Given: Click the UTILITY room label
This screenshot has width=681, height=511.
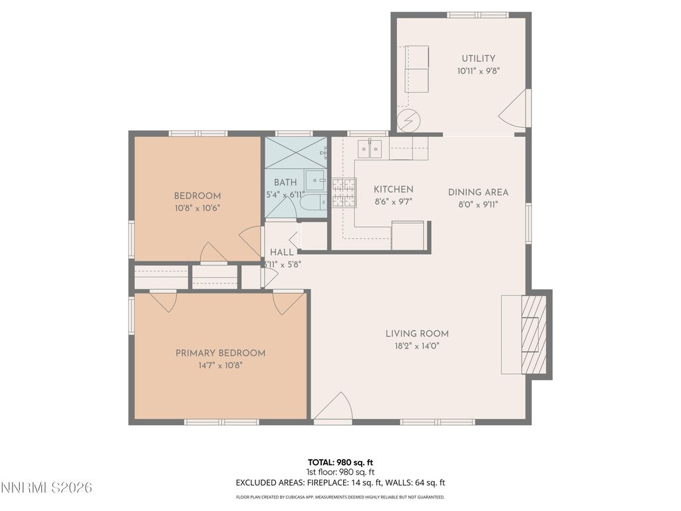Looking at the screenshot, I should [478, 59].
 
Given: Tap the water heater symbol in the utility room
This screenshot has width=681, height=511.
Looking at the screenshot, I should [408, 120].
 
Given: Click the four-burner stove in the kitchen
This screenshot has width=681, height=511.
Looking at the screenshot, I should [344, 192].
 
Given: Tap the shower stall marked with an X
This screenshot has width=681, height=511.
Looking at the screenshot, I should [295, 152].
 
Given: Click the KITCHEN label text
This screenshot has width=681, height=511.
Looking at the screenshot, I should [393, 190].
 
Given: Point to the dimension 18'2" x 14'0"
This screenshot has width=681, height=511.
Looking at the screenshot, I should [417, 345].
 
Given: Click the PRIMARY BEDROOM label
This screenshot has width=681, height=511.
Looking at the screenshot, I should [220, 353].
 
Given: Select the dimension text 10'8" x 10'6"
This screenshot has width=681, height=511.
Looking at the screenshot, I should [197, 208].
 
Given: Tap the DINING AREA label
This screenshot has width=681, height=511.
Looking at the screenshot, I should [477, 192].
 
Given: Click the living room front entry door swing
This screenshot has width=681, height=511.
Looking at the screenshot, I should [334, 408].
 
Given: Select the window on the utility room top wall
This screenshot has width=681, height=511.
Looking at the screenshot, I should [477, 15].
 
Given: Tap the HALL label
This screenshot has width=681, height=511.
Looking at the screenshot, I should [281, 253].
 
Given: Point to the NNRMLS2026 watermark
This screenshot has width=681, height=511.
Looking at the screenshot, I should [46, 488].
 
